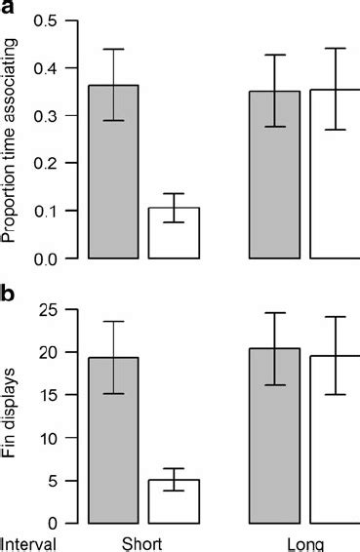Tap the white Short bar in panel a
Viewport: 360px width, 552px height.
(174, 233)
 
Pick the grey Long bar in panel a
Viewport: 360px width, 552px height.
(274, 176)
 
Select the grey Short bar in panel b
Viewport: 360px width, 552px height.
(112, 440)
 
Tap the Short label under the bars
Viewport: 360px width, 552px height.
(141, 544)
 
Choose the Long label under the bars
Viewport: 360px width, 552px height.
(303, 544)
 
